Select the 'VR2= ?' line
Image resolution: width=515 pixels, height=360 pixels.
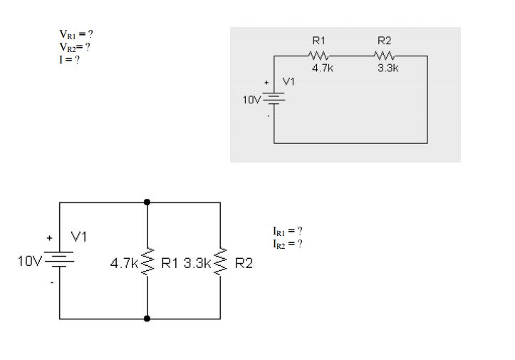[x=74, y=47]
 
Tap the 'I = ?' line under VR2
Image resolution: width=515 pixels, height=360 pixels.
[x=68, y=60]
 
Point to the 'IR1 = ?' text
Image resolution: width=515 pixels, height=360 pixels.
[x=288, y=231]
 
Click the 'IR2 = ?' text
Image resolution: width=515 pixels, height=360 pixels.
[x=288, y=244]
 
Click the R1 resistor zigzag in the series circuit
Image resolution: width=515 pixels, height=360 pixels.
[x=318, y=56]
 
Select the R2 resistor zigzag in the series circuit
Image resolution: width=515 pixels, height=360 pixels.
[x=385, y=56]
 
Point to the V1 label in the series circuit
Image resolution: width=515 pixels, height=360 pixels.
[x=289, y=82]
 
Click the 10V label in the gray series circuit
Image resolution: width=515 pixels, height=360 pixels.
[x=251, y=100]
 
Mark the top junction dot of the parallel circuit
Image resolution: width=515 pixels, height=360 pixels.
[x=147, y=202]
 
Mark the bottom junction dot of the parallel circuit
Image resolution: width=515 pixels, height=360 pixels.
[x=147, y=319]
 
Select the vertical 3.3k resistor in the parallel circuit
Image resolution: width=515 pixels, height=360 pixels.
[x=220, y=263]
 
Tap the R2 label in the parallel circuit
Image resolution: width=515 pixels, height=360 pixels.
[x=243, y=264]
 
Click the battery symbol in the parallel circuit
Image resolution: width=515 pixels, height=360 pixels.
[x=59, y=260]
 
